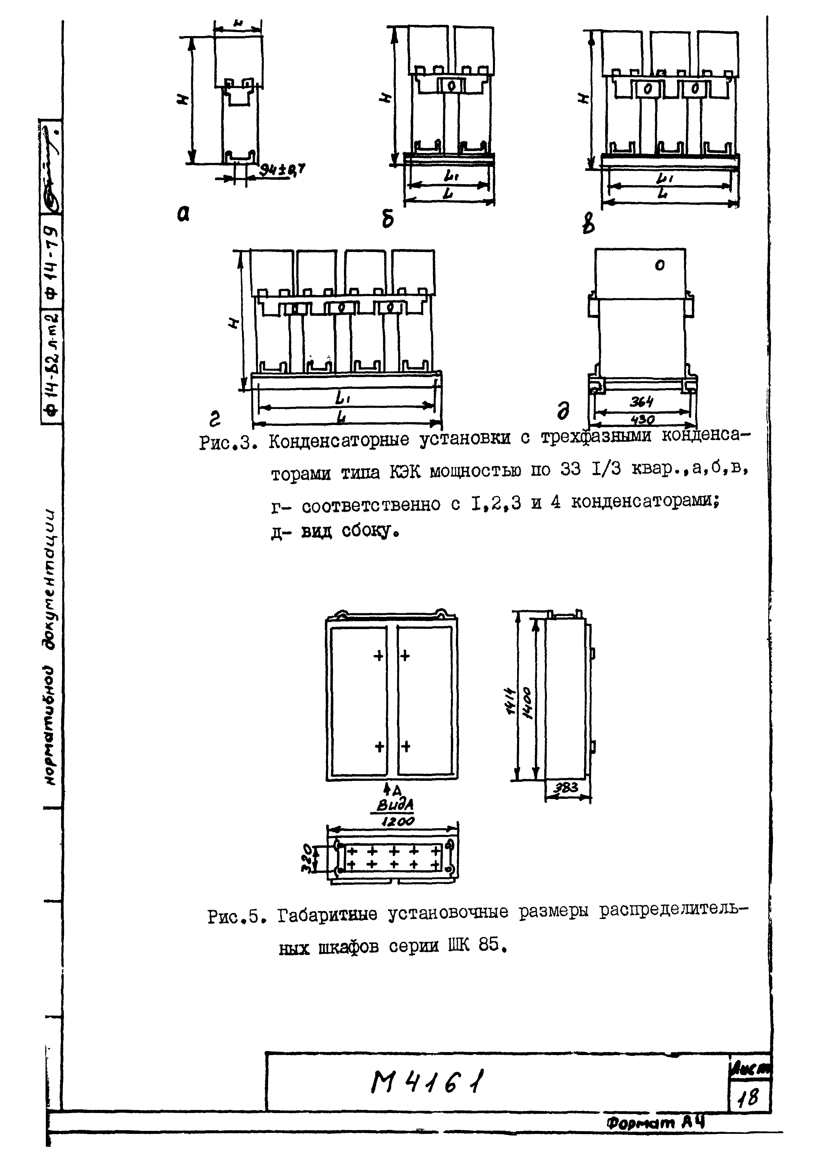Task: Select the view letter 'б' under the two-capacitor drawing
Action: pyautogui.click(x=387, y=220)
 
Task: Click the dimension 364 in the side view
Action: pyautogui.click(x=642, y=402)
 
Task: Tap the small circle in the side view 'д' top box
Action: pyautogui.click(x=659, y=265)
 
